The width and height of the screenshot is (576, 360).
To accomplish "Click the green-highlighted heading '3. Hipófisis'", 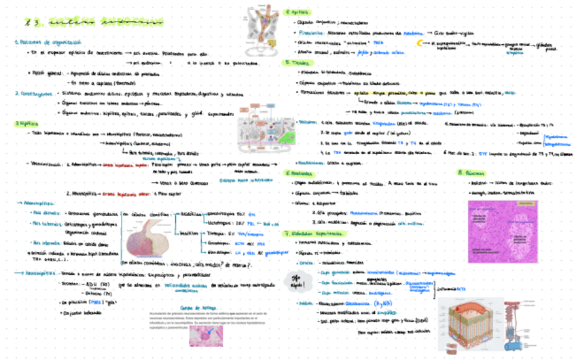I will [26, 124].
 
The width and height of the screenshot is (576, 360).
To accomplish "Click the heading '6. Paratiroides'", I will [301, 173].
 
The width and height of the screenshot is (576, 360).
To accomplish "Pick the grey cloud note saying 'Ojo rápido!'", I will [297, 280].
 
